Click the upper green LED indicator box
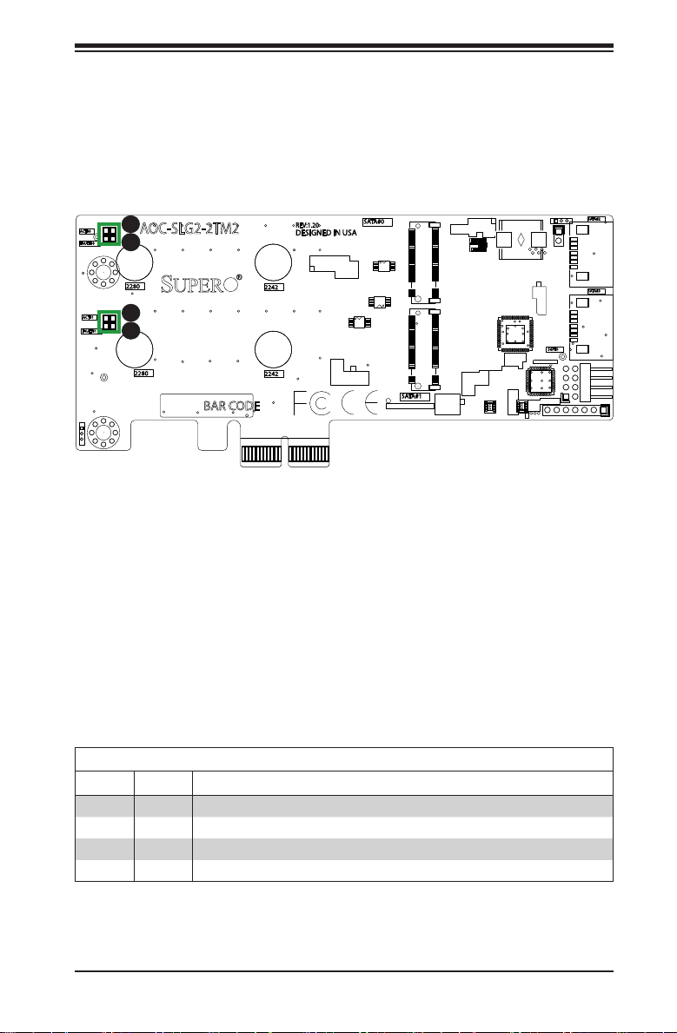tap(109, 234)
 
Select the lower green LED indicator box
tap(109, 322)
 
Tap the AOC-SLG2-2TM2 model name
tap(189, 228)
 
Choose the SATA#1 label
tap(415, 396)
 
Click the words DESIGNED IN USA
tap(327, 233)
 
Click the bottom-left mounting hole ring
tap(103, 432)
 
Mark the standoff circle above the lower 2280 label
tap(136, 348)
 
